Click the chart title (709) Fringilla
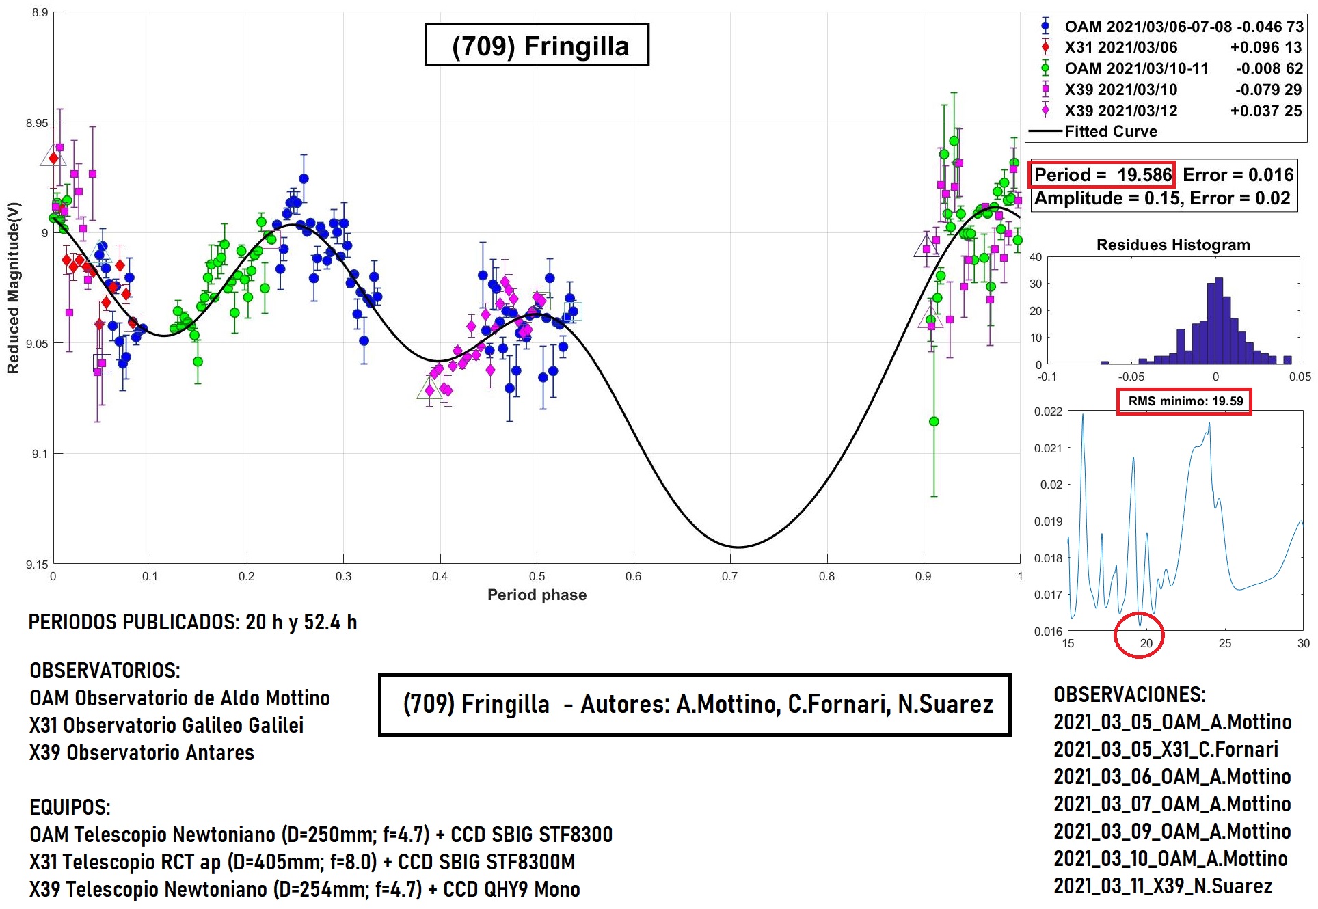click(537, 46)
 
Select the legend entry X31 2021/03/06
click(1121, 47)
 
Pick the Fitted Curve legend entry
click(1111, 131)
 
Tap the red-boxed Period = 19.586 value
click(1102, 175)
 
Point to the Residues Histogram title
click(1173, 245)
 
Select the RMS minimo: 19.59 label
click(1185, 401)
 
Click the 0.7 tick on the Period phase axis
click(730, 576)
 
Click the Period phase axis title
click(537, 595)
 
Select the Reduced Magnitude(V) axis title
click(14, 288)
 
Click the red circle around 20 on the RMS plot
click(1139, 636)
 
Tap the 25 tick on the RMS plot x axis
click(1225, 643)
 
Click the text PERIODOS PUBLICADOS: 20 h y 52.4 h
click(193, 622)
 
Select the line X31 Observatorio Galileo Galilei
click(167, 725)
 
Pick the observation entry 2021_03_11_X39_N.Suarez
click(1163, 886)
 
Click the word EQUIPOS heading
click(70, 807)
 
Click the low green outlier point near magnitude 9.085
click(934, 422)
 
